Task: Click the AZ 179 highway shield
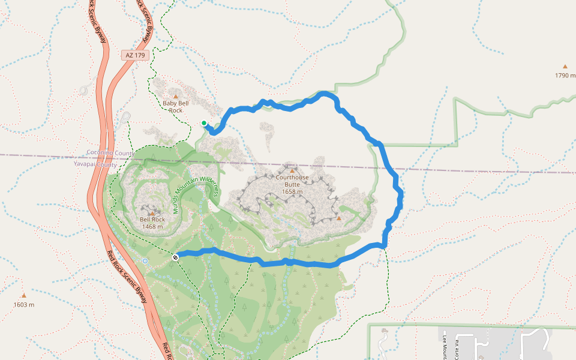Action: coord(136,55)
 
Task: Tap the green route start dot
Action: coord(204,124)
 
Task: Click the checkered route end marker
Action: coord(175,257)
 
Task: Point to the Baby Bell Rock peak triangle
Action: coord(176,96)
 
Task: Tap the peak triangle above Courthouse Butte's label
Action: coord(292,171)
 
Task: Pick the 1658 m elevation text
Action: coord(292,193)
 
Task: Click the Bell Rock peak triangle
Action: coord(152,212)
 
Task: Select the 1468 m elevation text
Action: coord(152,227)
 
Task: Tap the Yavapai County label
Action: coord(95,164)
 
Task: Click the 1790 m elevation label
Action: coord(565,76)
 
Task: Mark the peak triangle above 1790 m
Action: coord(565,67)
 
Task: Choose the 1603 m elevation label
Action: coord(24,304)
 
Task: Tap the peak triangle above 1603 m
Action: coord(24,295)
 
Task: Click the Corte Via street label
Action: coord(458,348)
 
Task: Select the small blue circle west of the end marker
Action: coord(145,261)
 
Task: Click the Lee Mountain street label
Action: coord(445,348)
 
